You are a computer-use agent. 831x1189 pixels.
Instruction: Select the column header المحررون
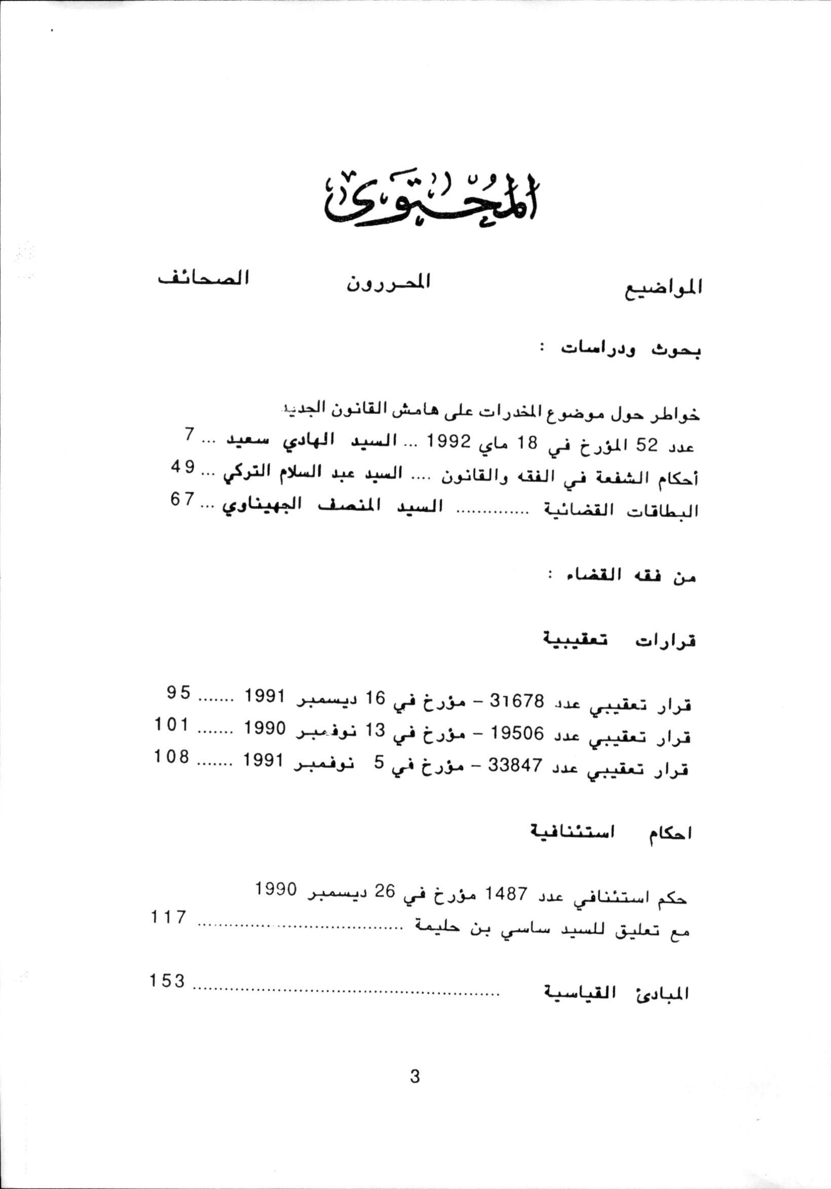tap(389, 282)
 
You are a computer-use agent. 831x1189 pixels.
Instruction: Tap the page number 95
tap(178, 692)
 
